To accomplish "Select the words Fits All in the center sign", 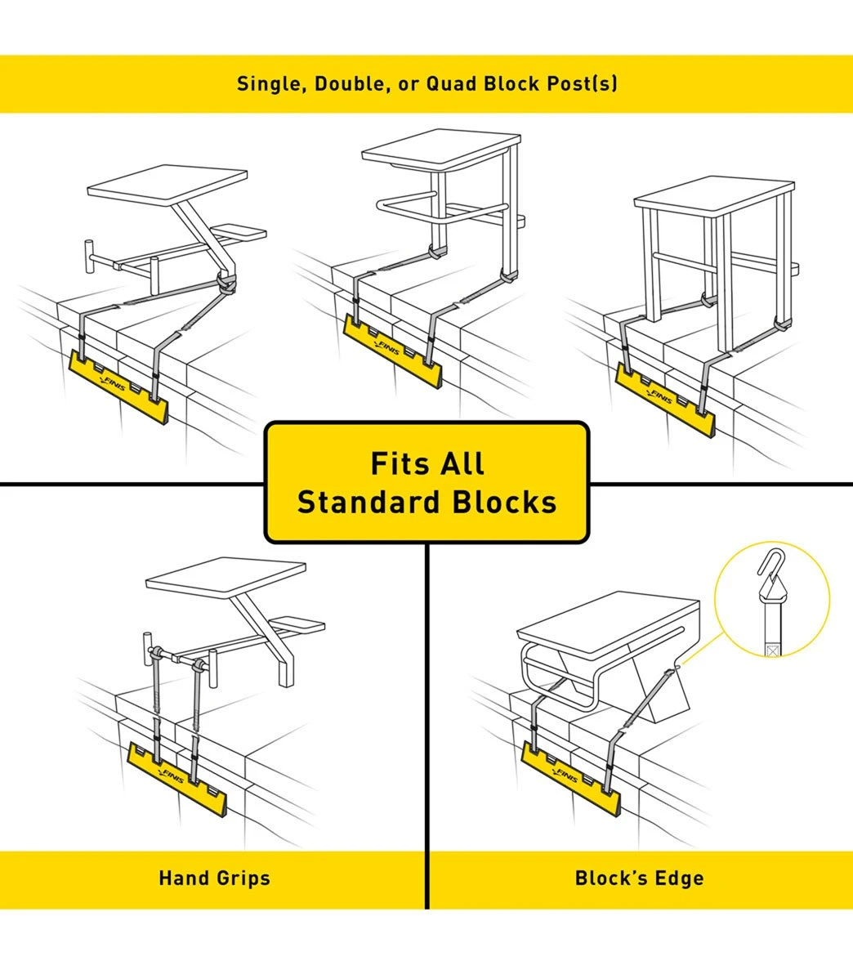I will [x=426, y=463].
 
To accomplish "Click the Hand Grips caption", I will [x=214, y=878].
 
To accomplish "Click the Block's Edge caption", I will [x=639, y=878].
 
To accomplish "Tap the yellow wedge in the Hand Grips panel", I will [x=183, y=777].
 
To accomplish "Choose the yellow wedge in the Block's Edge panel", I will [x=572, y=776].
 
